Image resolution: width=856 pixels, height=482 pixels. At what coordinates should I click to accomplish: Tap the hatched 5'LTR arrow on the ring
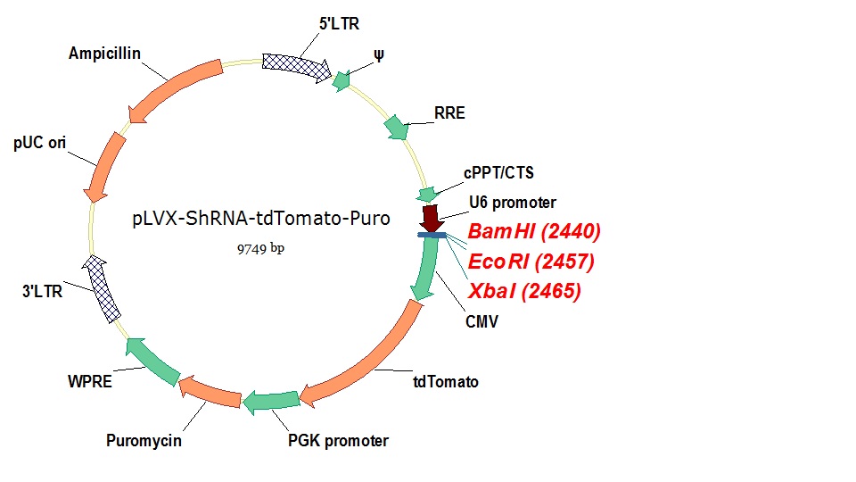coord(298,63)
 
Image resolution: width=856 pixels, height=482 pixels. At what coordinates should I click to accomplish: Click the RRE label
coord(449,113)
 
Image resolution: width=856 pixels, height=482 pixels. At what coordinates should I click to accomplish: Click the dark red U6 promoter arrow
coord(432,217)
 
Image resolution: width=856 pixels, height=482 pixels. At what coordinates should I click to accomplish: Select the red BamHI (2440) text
coord(534,232)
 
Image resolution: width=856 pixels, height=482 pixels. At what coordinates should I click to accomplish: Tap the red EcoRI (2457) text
coord(531,262)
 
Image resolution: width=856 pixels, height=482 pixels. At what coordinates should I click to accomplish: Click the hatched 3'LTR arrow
coord(103,288)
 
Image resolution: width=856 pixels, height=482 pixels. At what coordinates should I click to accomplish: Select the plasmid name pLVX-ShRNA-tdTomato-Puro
coord(259,220)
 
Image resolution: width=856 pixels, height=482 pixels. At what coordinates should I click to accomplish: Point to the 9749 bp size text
coord(259,248)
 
